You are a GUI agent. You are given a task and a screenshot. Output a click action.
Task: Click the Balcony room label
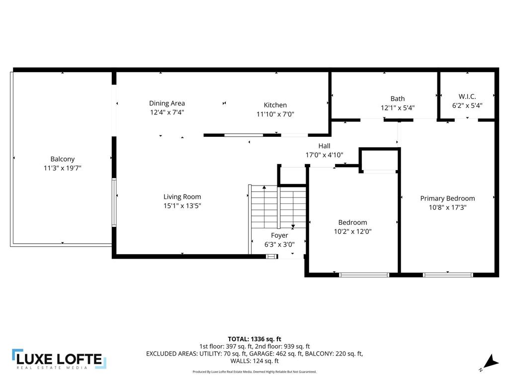(62, 159)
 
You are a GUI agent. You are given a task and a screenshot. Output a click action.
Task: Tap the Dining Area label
(167, 103)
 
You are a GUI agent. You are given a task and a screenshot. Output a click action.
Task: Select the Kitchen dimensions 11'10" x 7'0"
(275, 114)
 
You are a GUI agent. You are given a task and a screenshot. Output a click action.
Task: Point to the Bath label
(398, 98)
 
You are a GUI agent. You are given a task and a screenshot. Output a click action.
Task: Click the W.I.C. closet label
(467, 96)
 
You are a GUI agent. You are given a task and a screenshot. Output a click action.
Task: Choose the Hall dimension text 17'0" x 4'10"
(324, 155)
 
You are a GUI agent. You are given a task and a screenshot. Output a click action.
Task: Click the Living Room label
(182, 196)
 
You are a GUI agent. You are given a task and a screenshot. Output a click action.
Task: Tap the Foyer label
(279, 235)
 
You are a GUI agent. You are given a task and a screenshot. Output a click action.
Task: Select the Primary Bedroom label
(447, 198)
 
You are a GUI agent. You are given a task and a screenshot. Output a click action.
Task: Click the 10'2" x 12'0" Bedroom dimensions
(352, 231)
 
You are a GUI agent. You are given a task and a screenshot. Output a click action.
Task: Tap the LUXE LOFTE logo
(59, 359)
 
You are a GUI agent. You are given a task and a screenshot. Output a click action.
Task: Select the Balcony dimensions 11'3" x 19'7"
(62, 168)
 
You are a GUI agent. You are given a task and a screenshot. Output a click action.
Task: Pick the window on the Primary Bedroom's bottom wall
(448, 274)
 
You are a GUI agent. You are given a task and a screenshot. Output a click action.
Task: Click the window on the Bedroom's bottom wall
(364, 274)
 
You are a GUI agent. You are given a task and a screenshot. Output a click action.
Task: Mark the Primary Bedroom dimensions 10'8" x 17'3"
(447, 207)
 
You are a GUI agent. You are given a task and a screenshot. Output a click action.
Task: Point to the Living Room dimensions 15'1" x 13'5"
(182, 205)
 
